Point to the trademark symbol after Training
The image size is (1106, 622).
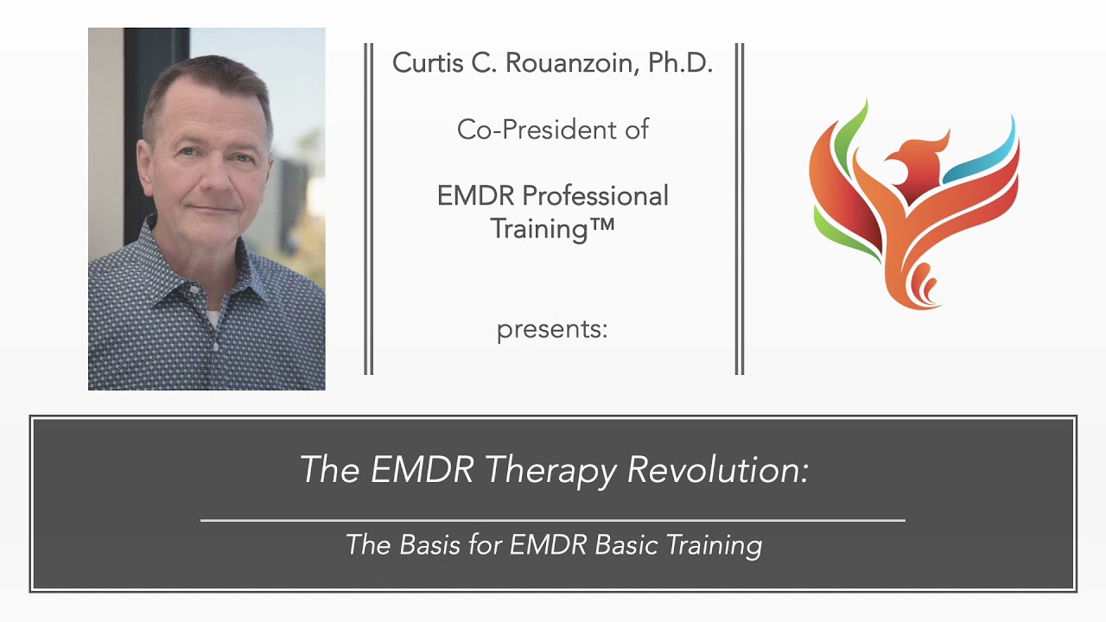[600, 227]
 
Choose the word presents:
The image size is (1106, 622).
[552, 330]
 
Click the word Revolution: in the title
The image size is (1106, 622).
[717, 469]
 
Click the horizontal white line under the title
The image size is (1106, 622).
[553, 520]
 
